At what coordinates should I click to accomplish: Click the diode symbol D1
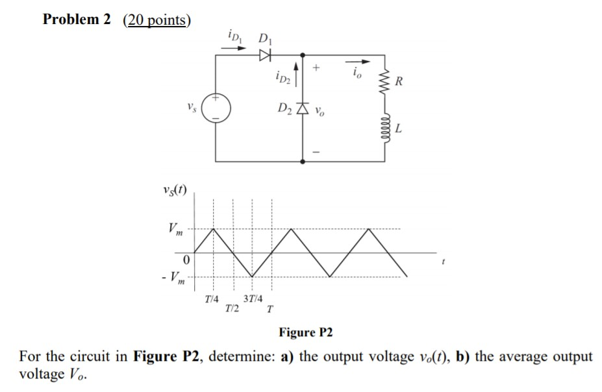tap(264, 56)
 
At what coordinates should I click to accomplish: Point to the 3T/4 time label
tap(253, 299)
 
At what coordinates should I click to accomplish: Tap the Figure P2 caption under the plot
tap(305, 333)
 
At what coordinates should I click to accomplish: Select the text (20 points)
tap(157, 20)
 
